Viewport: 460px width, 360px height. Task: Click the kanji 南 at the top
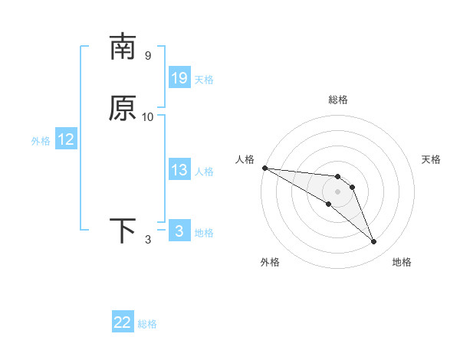click(123, 47)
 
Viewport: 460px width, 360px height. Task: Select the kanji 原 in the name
click(123, 108)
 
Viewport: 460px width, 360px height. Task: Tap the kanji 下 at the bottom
click(123, 231)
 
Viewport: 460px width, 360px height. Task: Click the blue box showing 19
click(179, 77)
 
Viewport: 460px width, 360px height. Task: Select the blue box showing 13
click(179, 170)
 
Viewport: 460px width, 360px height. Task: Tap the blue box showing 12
click(66, 139)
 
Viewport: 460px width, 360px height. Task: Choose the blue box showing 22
click(123, 322)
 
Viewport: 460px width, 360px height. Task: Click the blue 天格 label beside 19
click(204, 80)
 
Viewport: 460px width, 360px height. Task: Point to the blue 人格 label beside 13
click(204, 172)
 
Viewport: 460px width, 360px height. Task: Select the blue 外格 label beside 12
click(41, 141)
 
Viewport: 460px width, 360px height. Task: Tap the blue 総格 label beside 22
click(147, 324)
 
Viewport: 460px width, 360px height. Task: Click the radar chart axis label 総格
click(338, 100)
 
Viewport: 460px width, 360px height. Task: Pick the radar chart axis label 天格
click(431, 159)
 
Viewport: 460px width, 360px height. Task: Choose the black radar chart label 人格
click(245, 159)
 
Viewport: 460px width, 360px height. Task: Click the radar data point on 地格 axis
click(373, 241)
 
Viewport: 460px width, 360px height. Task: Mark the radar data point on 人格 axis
click(264, 168)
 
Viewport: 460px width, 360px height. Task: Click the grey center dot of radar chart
click(337, 191)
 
